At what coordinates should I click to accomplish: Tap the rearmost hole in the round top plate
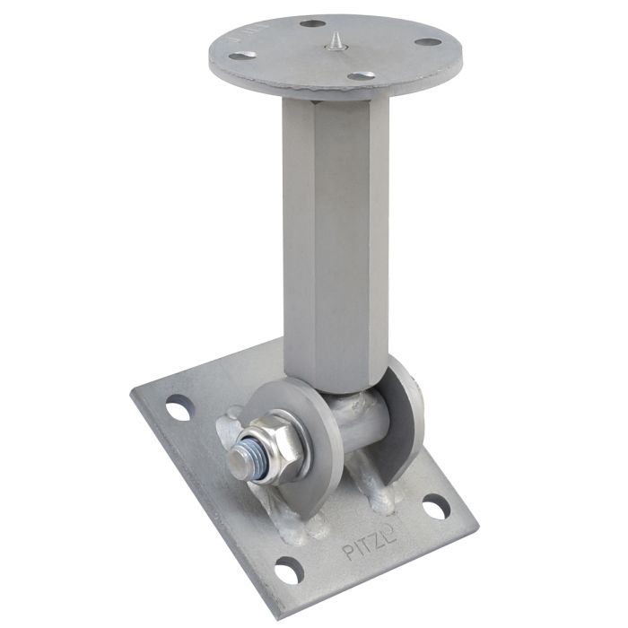tap(312, 23)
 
